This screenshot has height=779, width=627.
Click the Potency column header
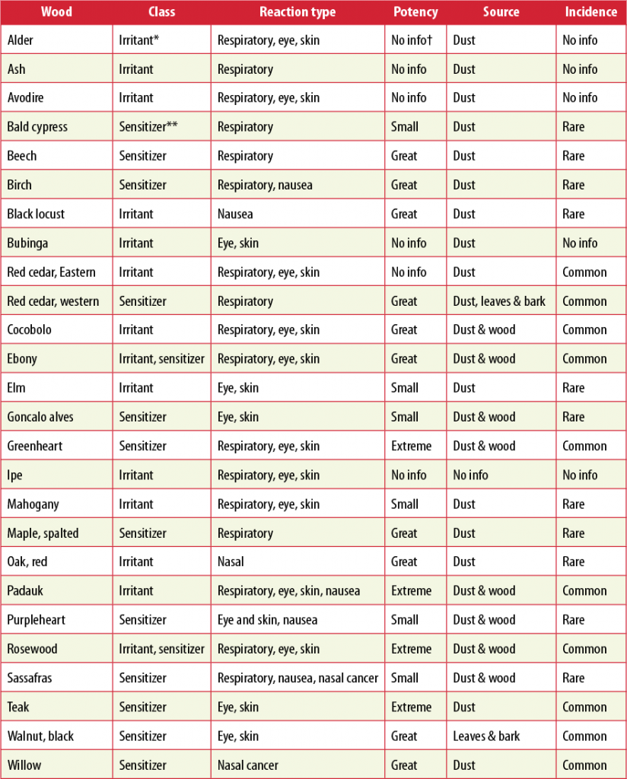(x=415, y=12)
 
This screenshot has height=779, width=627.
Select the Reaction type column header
(x=298, y=12)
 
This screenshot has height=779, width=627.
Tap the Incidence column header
(x=590, y=12)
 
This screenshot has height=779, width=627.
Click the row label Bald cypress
(x=37, y=127)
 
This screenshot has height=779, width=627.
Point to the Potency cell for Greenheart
(x=411, y=446)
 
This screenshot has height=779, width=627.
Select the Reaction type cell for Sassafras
(x=298, y=678)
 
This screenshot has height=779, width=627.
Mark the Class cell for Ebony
(x=161, y=359)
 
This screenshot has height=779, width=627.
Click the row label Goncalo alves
(x=40, y=417)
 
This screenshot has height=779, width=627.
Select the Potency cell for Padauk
(x=411, y=591)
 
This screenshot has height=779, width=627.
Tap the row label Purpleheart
(x=37, y=620)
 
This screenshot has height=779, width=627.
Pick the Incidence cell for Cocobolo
(x=584, y=330)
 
